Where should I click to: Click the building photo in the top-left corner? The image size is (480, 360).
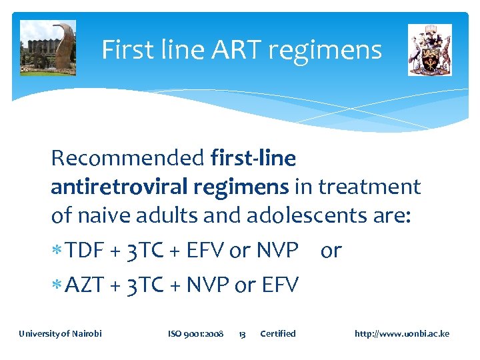coord(48,48)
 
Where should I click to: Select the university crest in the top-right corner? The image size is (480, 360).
coord(430,50)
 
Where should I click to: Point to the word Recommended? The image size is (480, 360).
coord(127,159)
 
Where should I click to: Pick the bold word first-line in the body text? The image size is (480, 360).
coord(253,159)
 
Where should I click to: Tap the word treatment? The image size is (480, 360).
coord(369,187)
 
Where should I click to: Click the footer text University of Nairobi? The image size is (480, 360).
coord(60,333)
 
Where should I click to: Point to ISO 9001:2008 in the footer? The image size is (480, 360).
coord(196,333)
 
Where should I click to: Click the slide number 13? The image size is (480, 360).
coord(243,333)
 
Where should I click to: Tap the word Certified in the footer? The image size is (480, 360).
coord(278,333)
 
